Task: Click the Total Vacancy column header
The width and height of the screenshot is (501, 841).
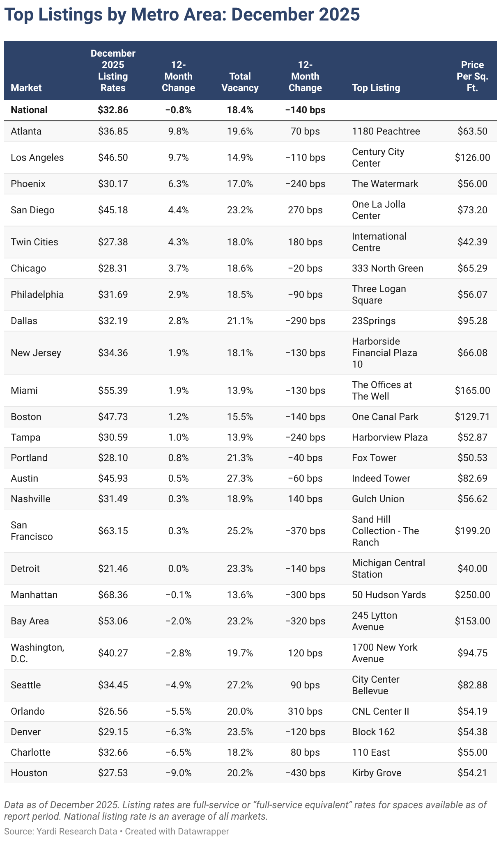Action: click(240, 82)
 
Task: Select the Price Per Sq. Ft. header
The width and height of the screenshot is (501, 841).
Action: click(472, 76)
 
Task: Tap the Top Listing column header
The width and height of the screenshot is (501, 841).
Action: click(376, 88)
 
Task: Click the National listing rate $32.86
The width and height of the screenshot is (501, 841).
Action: click(113, 110)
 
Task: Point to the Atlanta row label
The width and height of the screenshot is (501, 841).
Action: click(26, 131)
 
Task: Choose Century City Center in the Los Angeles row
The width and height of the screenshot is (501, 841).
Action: click(378, 158)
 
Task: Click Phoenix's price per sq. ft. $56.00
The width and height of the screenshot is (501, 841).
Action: click(472, 184)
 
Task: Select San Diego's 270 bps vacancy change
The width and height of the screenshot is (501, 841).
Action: click(305, 210)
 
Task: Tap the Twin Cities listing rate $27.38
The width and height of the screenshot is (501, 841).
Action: click(113, 242)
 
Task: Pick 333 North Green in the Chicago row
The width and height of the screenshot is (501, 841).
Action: click(387, 268)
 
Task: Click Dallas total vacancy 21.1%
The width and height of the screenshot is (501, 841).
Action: click(240, 321)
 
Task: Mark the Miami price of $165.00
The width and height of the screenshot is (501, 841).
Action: click(472, 391)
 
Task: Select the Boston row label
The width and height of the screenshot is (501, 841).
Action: click(26, 417)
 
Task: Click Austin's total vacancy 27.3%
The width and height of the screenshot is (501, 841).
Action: click(240, 478)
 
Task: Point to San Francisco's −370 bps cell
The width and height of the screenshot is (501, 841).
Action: click(305, 531)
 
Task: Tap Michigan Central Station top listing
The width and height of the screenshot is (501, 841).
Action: click(388, 569)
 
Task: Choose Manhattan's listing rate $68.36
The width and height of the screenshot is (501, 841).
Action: click(113, 595)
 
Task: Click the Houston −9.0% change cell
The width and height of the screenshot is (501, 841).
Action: click(178, 773)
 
